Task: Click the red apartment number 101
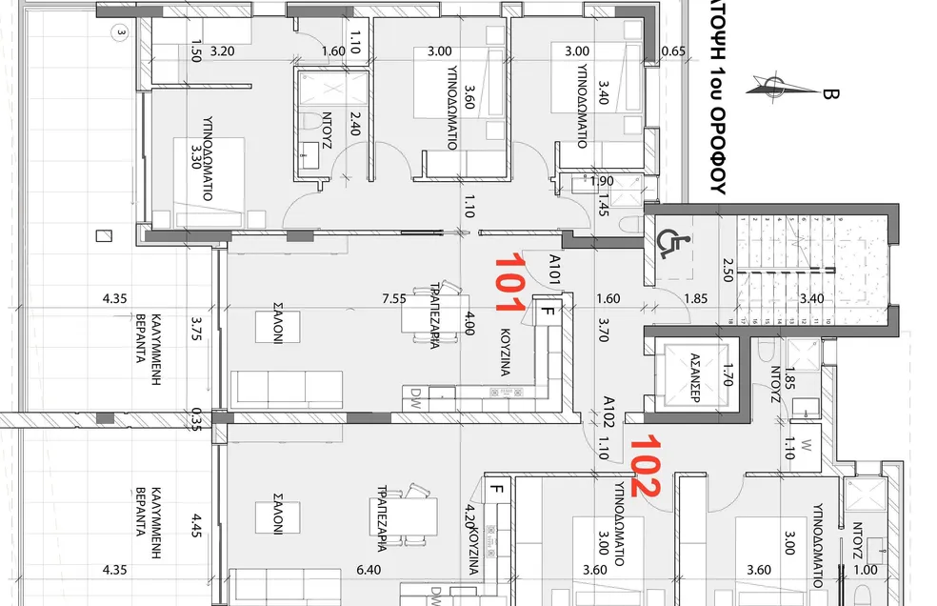509,282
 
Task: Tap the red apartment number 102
646,465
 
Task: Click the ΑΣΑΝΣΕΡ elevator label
695,377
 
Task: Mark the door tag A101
554,269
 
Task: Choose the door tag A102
608,412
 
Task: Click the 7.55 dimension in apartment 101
394,298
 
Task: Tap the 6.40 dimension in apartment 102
369,570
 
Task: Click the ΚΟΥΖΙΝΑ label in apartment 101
505,352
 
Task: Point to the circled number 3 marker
121,33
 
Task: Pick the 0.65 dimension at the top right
673,51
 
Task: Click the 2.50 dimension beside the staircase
728,270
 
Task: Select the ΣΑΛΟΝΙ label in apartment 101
278,323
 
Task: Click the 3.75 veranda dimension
196,329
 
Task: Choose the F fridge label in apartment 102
496,489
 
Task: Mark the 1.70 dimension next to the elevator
728,375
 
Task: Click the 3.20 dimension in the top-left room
222,51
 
